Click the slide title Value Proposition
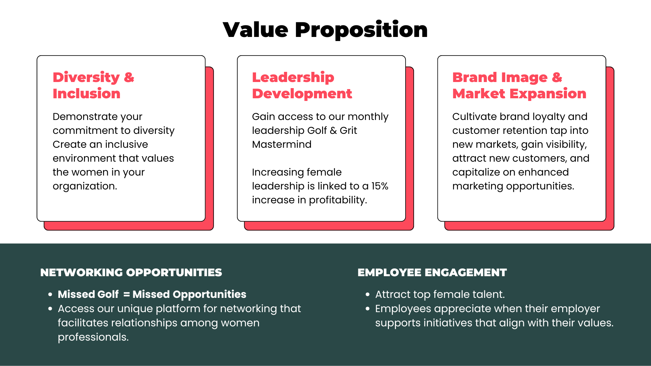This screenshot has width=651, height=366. [x=325, y=29]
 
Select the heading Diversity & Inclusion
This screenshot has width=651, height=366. [x=93, y=85]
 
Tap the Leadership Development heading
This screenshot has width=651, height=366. [x=302, y=85]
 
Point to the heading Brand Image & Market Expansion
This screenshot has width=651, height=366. [x=519, y=85]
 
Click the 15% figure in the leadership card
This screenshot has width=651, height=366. [x=380, y=186]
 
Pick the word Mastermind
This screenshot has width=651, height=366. [x=282, y=144]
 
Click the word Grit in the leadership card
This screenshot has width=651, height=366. [x=348, y=130]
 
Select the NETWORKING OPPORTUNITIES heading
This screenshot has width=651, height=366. [x=131, y=272]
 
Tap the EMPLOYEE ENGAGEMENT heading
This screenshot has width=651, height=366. [x=432, y=272]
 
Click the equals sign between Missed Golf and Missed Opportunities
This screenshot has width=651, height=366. [x=126, y=294]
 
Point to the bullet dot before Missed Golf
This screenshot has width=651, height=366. [x=50, y=294]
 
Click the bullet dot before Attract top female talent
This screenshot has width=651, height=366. [x=368, y=294]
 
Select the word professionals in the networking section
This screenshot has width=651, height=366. [x=93, y=337]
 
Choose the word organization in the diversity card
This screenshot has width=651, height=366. [x=84, y=186]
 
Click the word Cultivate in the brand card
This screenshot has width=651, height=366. [x=475, y=117]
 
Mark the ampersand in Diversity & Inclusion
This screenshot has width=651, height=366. [x=129, y=78]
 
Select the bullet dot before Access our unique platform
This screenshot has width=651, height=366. [x=50, y=309]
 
